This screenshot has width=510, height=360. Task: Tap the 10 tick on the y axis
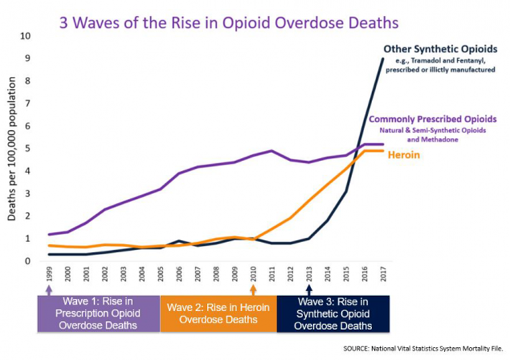tap(25, 36)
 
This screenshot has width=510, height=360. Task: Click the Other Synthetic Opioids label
tap(440, 49)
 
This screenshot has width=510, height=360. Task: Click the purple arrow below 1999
tap(49, 289)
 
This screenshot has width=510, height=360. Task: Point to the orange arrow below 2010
tap(253, 289)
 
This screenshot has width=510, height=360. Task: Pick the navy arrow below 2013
tap(309, 289)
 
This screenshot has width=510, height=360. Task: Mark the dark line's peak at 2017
tap(383, 59)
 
